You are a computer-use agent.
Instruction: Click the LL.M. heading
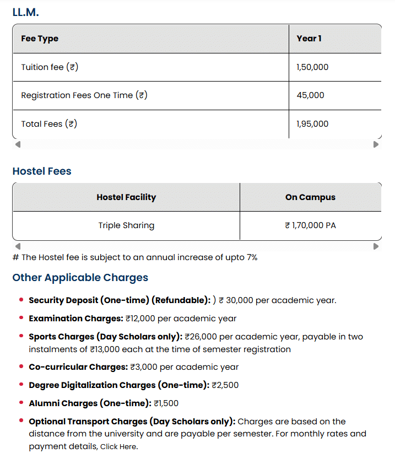(x=25, y=12)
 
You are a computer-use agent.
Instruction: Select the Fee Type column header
(x=40, y=39)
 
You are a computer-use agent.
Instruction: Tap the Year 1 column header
(x=309, y=39)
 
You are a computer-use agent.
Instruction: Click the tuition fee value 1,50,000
(x=312, y=67)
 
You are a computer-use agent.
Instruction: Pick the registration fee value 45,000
(x=310, y=95)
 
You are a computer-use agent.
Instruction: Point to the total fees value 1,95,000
(x=312, y=124)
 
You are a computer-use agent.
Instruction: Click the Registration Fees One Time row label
(x=84, y=95)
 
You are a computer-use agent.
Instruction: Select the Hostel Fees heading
(x=42, y=171)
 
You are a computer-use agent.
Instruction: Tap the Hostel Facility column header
(x=126, y=197)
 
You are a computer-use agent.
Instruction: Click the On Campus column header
(x=310, y=197)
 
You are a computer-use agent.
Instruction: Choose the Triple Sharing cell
(x=126, y=225)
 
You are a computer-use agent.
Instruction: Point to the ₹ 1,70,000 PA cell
(x=310, y=225)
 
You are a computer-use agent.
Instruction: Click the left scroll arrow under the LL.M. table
(x=18, y=144)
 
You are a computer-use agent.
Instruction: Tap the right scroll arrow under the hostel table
(x=376, y=246)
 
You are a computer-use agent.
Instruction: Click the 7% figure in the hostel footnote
(x=251, y=257)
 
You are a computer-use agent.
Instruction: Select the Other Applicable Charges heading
(x=80, y=277)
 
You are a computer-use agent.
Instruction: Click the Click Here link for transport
(x=119, y=447)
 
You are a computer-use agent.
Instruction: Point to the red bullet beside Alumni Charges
(x=21, y=403)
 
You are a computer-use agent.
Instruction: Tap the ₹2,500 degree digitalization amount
(x=225, y=385)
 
